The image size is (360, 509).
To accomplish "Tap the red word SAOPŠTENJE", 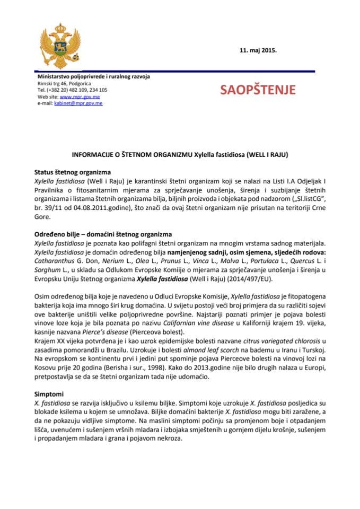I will [258, 90].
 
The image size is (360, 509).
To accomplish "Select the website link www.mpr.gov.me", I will [80, 97].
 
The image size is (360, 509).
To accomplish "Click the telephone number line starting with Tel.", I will [72, 90].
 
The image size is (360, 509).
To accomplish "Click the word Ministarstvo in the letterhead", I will [54, 77].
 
